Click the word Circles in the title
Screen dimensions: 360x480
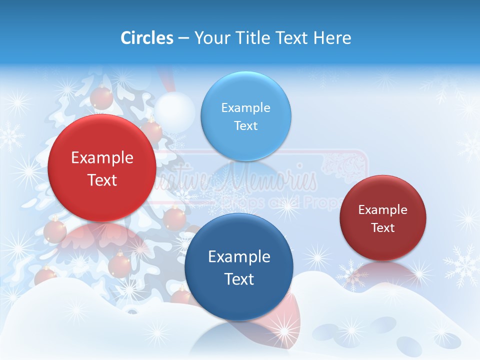(147, 38)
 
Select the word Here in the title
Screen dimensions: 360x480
(332, 38)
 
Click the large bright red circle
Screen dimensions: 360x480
(102, 168)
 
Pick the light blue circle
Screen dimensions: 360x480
(245, 116)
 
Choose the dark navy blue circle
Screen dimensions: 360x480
(238, 267)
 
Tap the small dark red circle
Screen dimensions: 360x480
(383, 218)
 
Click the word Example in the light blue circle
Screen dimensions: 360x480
(245, 107)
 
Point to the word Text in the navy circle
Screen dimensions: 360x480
(239, 279)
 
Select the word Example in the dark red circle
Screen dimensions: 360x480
(383, 210)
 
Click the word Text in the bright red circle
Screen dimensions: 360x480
(102, 180)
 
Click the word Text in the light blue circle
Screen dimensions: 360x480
(245, 125)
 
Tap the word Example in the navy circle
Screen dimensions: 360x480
(239, 257)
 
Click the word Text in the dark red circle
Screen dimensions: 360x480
(383, 228)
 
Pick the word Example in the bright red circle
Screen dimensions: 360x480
(102, 158)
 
